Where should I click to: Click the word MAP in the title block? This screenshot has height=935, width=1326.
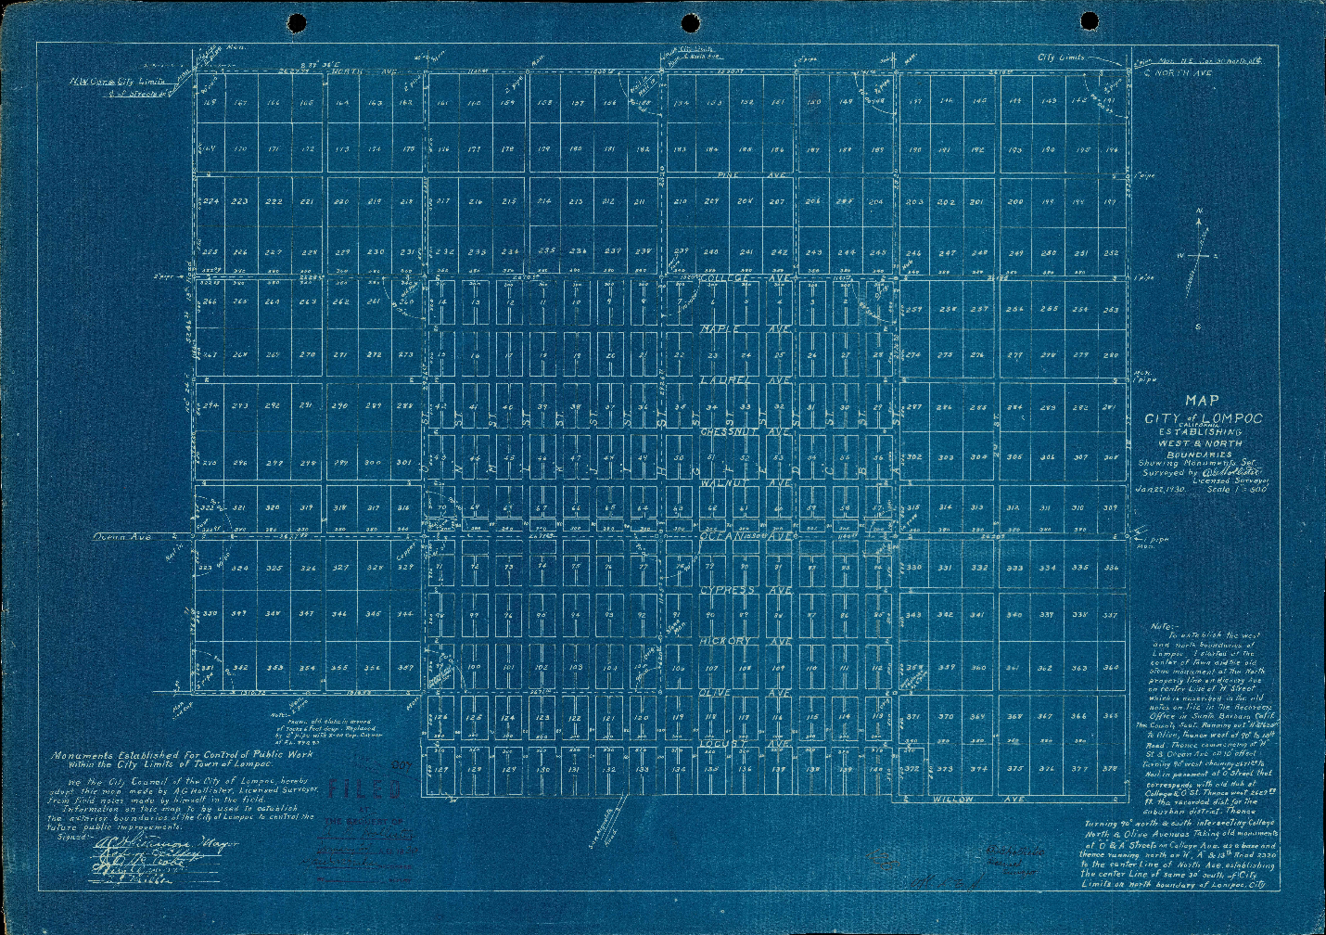click(1203, 401)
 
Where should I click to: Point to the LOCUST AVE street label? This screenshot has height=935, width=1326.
click(746, 743)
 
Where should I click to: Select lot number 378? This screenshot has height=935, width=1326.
click(1110, 768)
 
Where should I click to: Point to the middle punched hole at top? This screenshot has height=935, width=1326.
click(691, 22)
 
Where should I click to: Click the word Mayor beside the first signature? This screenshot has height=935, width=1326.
click(221, 843)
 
